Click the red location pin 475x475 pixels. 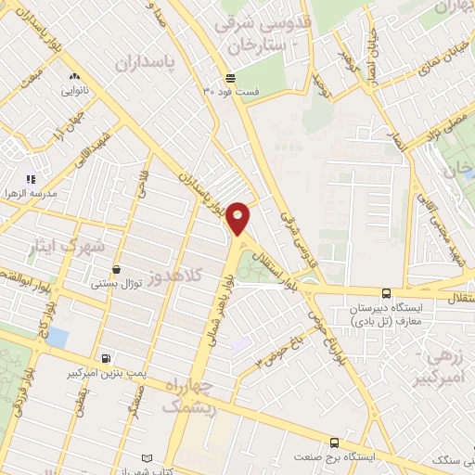(238, 217)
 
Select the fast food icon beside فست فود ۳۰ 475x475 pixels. (229, 78)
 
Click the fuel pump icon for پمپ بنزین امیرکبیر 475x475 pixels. (107, 358)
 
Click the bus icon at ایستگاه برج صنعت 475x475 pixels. (335, 443)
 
